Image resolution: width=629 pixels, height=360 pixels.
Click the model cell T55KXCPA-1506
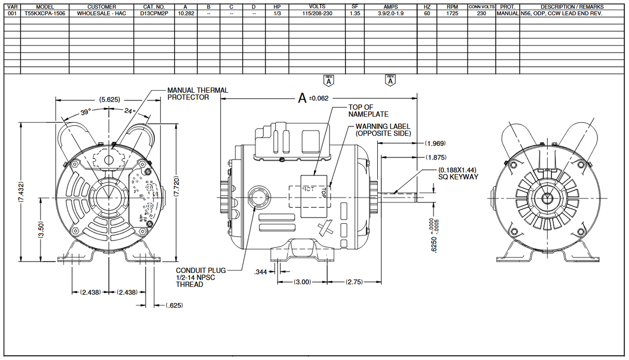[44, 13]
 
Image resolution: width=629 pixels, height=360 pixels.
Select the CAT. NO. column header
[153, 7]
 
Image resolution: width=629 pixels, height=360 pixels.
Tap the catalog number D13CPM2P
[153, 13]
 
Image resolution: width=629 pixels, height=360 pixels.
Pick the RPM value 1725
[452, 13]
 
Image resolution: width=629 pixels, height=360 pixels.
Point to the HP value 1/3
[277, 13]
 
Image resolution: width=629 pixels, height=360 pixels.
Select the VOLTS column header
[317, 7]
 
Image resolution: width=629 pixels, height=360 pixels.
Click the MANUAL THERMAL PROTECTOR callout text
[197, 94]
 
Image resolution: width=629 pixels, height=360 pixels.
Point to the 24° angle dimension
[130, 111]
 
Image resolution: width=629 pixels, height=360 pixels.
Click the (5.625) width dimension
[110, 99]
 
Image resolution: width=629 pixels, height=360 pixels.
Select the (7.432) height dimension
[21, 193]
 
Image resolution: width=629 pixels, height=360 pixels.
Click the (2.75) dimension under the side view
[355, 282]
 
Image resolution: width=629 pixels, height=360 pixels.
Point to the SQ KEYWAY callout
[458, 173]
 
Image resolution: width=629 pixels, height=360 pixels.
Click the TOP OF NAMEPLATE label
[368, 110]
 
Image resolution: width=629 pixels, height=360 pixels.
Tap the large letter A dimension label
[302, 98]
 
